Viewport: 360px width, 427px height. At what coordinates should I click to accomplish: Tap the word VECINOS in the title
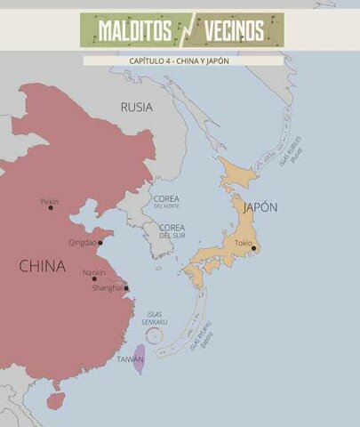coord(234,30)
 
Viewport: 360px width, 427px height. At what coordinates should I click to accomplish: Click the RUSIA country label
coord(136,107)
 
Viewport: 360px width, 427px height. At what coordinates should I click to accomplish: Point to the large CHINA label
coord(42,265)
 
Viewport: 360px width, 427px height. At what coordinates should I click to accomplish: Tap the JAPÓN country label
coord(260,206)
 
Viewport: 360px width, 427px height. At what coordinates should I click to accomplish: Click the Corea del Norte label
coord(166,201)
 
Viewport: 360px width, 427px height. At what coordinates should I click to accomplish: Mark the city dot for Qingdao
coord(100,242)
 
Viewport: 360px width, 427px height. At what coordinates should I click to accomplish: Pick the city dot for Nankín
coord(94,278)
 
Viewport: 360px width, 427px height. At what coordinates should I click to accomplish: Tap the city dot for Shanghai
coord(126,287)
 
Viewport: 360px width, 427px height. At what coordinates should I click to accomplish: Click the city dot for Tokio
coord(253,248)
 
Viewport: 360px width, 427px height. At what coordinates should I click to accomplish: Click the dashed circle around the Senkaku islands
coord(154,336)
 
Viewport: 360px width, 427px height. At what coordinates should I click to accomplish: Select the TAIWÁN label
coord(130,359)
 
